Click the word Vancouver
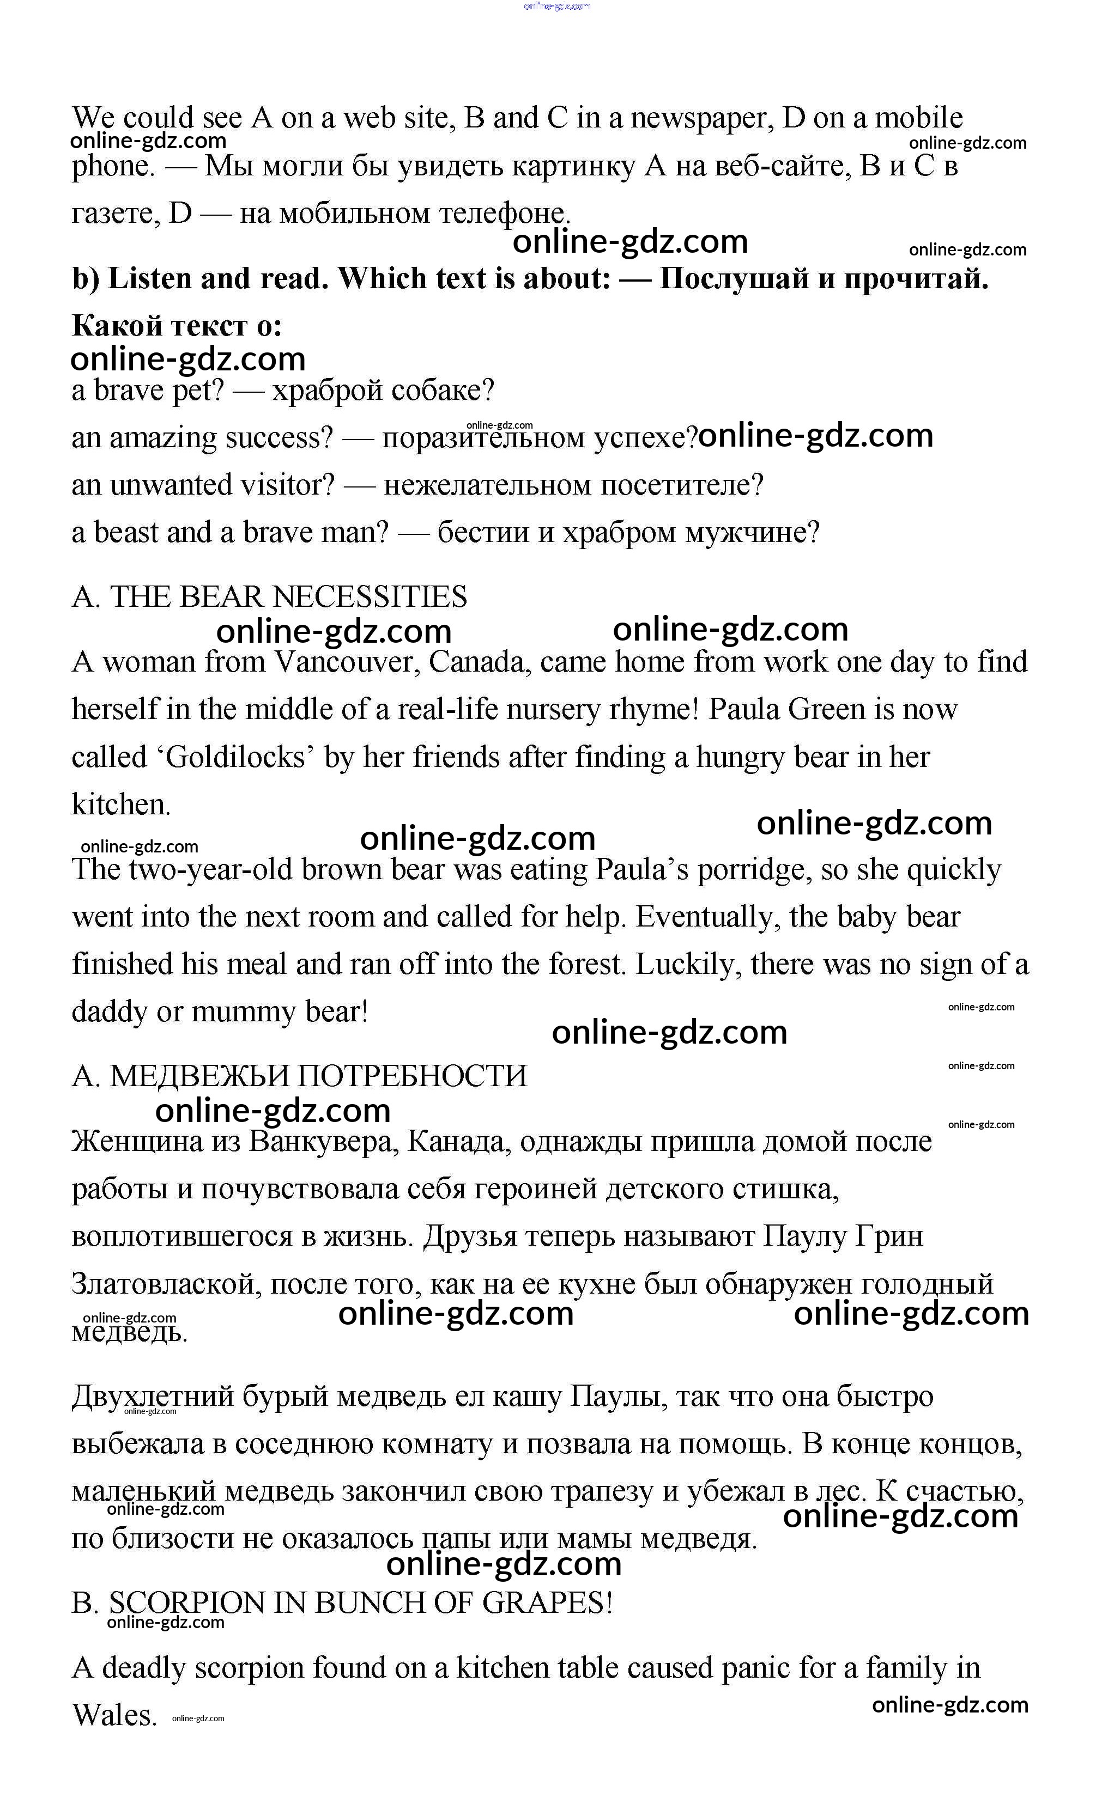pos(346,662)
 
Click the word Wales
pos(114,1715)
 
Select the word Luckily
pos(689,964)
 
